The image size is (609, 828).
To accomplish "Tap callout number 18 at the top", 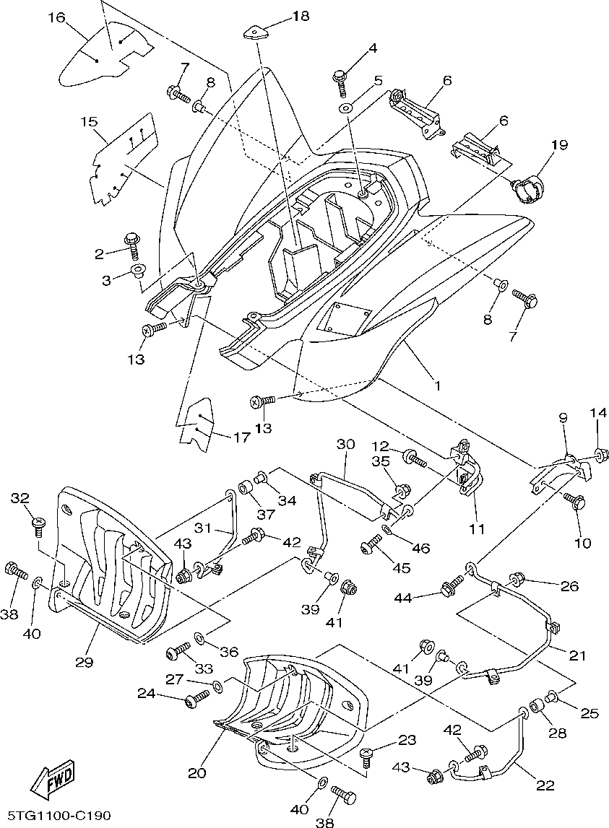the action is coord(301,17).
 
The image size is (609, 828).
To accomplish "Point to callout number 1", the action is coord(437,385).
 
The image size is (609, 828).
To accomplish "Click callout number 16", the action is coord(56,17).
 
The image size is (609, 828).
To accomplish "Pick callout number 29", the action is coord(85,662).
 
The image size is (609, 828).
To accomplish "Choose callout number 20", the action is coord(196,773).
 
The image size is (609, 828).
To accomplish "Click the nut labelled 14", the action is coord(600,454).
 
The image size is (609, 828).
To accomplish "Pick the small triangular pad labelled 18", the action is coord(254,34).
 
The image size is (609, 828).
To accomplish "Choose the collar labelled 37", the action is coord(245,487).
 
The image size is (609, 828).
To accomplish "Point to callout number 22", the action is coord(545,785).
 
